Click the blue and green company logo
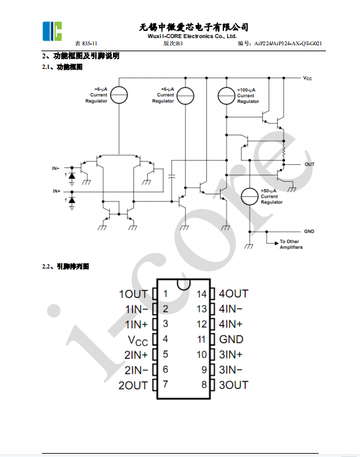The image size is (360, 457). (52, 31)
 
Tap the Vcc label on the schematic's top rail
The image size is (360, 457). (307, 78)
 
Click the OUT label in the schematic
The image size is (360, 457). (309, 164)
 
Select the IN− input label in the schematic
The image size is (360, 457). (56, 168)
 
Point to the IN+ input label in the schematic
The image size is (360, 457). (56, 191)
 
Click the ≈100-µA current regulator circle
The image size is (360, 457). (226, 96)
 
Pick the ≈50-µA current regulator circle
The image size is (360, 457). (250, 196)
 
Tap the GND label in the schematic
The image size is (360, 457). (309, 231)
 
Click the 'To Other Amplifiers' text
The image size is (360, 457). (291, 244)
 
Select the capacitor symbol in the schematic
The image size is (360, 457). (172, 177)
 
